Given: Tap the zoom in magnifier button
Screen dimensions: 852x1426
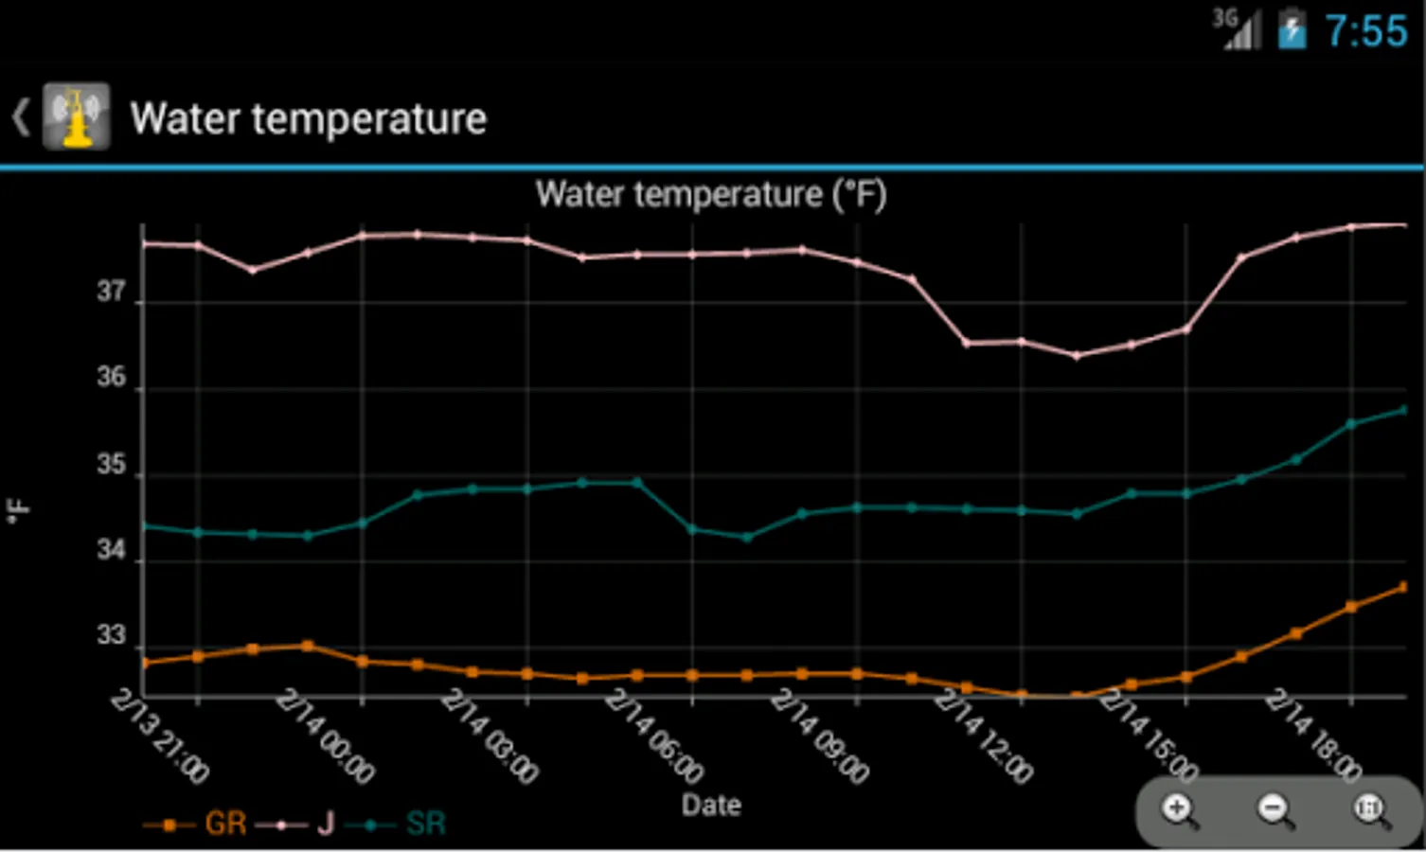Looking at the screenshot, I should tap(1179, 810).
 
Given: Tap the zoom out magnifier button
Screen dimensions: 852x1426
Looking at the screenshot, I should tap(1274, 810).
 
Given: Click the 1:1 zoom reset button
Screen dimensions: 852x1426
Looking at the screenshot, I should tap(1370, 810).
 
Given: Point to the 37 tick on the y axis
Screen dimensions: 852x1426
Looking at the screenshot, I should tap(111, 292).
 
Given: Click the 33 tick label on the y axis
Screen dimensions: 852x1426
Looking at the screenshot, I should tap(111, 635).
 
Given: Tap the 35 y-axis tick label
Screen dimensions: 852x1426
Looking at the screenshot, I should tap(111, 465).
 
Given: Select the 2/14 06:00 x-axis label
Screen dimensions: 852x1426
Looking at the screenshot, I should tap(654, 737).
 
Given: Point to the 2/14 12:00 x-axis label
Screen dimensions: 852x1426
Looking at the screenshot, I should tap(984, 737).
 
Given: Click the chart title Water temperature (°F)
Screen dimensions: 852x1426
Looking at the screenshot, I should tap(710, 195).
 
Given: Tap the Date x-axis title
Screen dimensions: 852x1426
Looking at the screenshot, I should tap(711, 805).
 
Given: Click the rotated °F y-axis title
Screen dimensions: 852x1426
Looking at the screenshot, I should tap(18, 510).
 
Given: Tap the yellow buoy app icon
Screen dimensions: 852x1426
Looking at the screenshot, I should tap(76, 117).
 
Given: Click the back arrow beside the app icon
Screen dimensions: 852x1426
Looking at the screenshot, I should tap(20, 117).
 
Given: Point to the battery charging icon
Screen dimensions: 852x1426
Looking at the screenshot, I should tap(1292, 29).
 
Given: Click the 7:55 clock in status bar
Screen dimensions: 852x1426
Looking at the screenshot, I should tap(1365, 31).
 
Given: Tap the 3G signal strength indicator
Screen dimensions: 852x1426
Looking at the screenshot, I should tap(1238, 29).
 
